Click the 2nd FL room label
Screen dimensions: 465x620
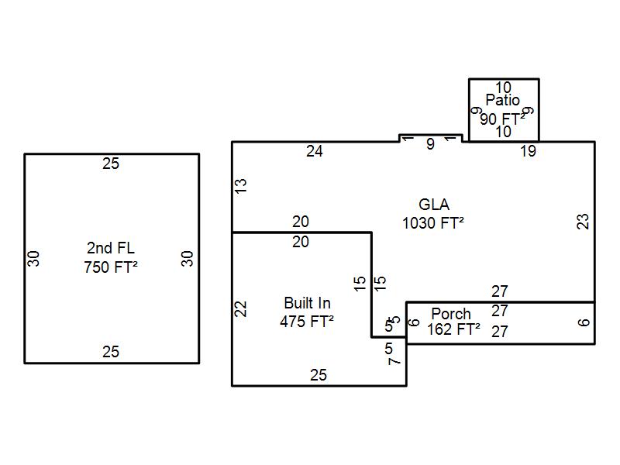click(x=111, y=248)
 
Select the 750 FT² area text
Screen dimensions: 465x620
click(x=111, y=268)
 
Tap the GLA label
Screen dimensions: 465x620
click(x=434, y=205)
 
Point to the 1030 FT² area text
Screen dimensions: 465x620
click(x=433, y=223)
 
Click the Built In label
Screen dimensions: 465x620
click(x=308, y=303)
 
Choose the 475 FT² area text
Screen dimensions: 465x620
click(x=308, y=322)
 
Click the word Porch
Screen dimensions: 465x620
click(x=451, y=314)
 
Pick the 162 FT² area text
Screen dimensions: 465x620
click(x=453, y=329)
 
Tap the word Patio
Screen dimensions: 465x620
click(x=503, y=100)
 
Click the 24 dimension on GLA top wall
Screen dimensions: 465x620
click(x=314, y=152)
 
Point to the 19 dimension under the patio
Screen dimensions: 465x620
click(x=528, y=152)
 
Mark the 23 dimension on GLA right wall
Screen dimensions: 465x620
click(x=584, y=221)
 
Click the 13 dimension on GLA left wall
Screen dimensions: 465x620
click(x=241, y=186)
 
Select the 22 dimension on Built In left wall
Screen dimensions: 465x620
click(x=241, y=308)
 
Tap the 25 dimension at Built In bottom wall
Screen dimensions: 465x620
click(x=319, y=376)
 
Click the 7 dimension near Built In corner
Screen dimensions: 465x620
click(x=394, y=360)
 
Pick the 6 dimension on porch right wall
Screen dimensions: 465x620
click(x=584, y=322)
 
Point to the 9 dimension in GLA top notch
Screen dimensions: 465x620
click(x=431, y=144)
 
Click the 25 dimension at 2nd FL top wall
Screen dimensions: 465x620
click(x=111, y=164)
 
